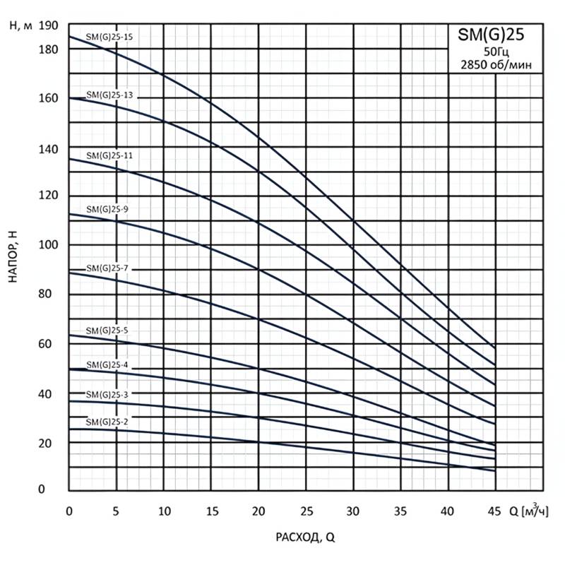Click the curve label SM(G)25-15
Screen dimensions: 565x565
[109, 37]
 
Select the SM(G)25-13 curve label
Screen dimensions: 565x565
[109, 95]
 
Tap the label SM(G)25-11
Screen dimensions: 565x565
[109, 154]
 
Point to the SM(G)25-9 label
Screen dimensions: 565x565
[107, 209]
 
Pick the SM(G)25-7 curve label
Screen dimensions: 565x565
[107, 268]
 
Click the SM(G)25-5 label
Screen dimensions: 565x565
[107, 330]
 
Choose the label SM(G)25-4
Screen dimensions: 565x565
[107, 364]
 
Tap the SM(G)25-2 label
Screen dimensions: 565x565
[107, 422]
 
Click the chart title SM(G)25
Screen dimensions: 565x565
[492, 34]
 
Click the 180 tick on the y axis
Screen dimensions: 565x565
[48, 49]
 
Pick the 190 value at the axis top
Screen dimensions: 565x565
[48, 26]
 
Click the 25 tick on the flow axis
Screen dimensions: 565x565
[306, 511]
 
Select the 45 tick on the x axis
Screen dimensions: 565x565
[495, 511]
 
